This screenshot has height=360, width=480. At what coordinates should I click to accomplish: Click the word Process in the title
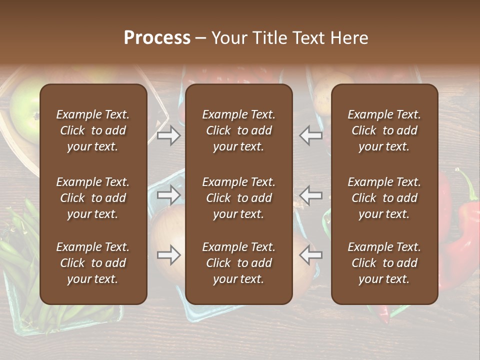[x=157, y=38]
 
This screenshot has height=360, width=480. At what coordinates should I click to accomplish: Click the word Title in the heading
[x=268, y=38]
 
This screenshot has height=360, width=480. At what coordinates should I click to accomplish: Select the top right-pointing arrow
[x=169, y=135]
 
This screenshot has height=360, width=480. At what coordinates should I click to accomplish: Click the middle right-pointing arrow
[x=169, y=195]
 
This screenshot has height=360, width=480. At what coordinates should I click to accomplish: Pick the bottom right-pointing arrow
[x=169, y=255]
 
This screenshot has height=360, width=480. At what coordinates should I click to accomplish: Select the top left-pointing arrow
[x=310, y=135]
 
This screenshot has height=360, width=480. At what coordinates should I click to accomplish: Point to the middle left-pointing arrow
[x=310, y=195]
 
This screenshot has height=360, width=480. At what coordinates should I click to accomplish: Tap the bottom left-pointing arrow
[x=310, y=255]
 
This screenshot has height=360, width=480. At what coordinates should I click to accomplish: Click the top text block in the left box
[x=93, y=130]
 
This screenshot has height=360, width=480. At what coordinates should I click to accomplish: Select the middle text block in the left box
[x=93, y=198]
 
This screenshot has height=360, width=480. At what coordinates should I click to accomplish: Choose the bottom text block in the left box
[x=93, y=263]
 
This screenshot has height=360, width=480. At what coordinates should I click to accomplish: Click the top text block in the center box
[x=238, y=130]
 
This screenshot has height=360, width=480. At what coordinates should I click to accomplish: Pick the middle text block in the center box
[x=238, y=198]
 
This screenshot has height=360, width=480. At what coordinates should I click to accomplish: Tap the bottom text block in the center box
[x=238, y=263]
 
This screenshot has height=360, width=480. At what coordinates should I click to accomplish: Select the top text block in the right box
[x=384, y=130]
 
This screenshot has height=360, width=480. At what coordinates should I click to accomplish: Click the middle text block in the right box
[x=384, y=198]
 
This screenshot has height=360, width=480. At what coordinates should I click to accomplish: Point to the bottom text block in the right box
[x=384, y=263]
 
